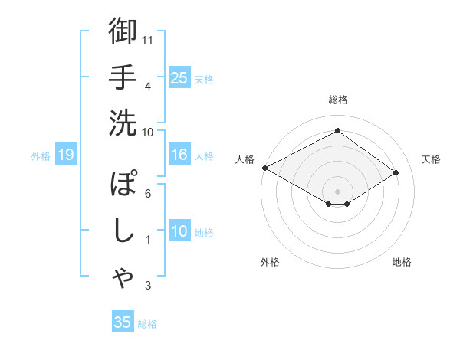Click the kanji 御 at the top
point(123,31)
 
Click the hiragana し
point(123,232)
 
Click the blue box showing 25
point(179,78)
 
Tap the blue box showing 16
point(179,155)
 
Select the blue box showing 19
point(65,155)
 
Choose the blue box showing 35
point(123,322)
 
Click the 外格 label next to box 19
point(41,156)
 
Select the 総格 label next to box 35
point(147,324)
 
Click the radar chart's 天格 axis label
point(431,159)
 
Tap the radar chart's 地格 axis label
point(402,263)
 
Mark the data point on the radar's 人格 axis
point(264,168)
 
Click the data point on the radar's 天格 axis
point(396,172)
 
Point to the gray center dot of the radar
point(337,191)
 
